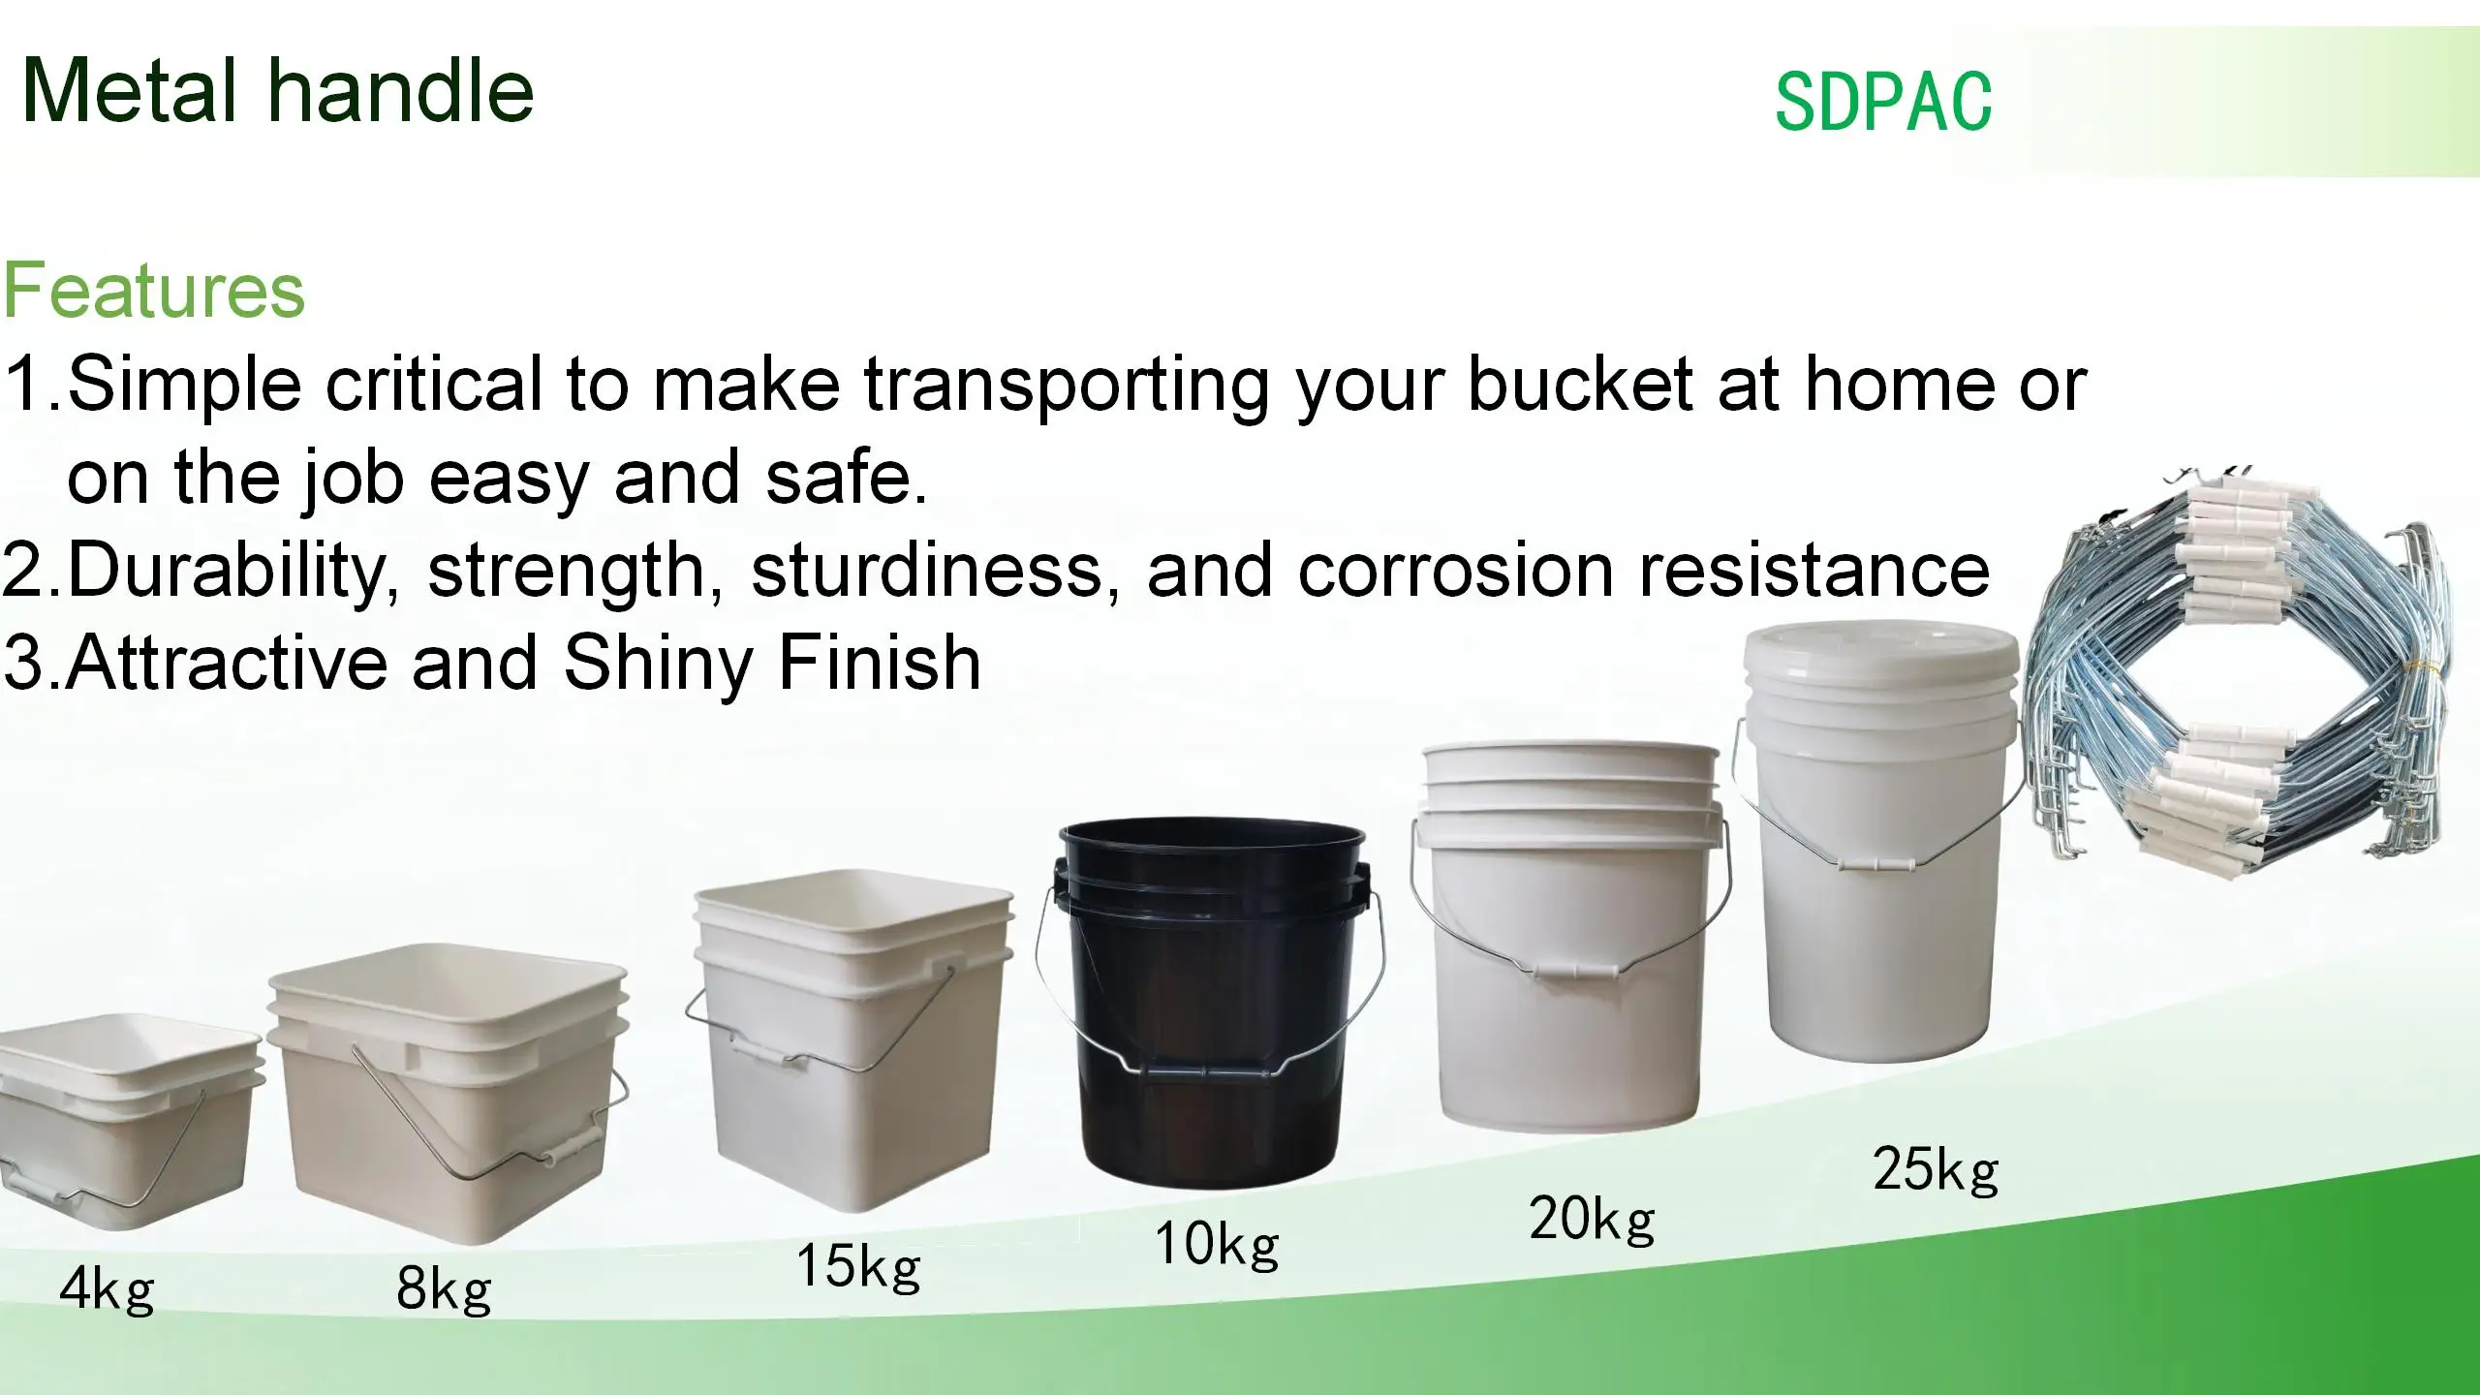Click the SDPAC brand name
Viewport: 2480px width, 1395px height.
[x=1882, y=101]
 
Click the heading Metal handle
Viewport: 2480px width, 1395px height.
[x=277, y=91]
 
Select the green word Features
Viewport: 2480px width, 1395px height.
[x=154, y=291]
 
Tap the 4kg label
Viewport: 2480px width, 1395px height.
[x=107, y=1289]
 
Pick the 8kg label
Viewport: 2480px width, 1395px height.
[x=444, y=1289]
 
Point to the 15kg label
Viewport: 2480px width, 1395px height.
[x=857, y=1265]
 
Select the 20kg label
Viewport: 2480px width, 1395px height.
[x=1592, y=1218]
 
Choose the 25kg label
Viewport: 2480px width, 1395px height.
[x=1935, y=1169]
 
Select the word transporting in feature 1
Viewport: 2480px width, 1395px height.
[x=1067, y=386]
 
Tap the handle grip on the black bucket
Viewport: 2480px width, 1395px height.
[x=1206, y=1073]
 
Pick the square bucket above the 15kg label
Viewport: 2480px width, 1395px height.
[x=852, y=1037]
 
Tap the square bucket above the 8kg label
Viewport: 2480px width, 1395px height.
[x=446, y=1095]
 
